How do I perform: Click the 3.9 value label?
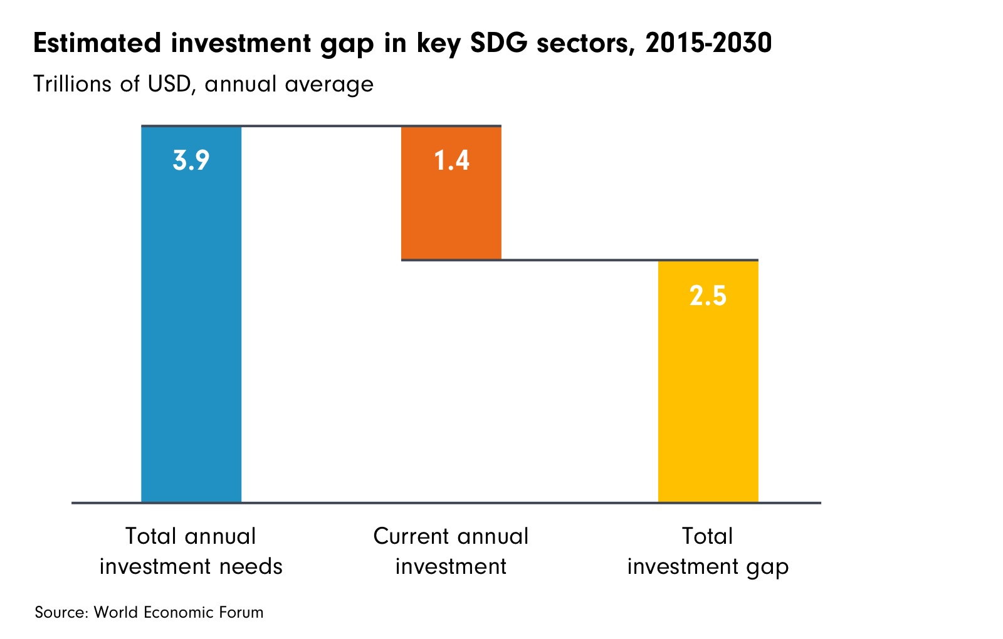(x=191, y=161)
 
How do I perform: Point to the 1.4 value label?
(x=452, y=161)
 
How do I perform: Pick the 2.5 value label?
(x=708, y=295)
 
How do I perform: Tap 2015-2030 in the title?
(x=708, y=44)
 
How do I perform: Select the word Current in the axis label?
(x=410, y=536)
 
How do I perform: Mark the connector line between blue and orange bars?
(x=321, y=127)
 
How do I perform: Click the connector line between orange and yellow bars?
(x=580, y=259)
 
